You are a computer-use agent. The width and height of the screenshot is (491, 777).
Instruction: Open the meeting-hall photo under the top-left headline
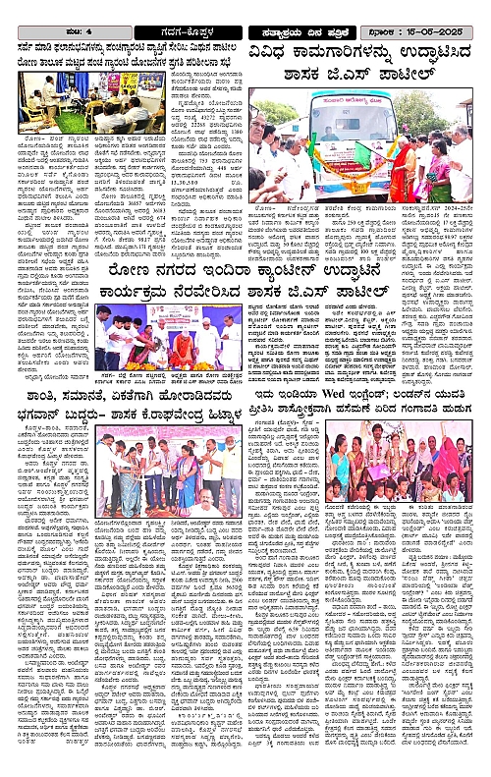pyautogui.click(x=54, y=97)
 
